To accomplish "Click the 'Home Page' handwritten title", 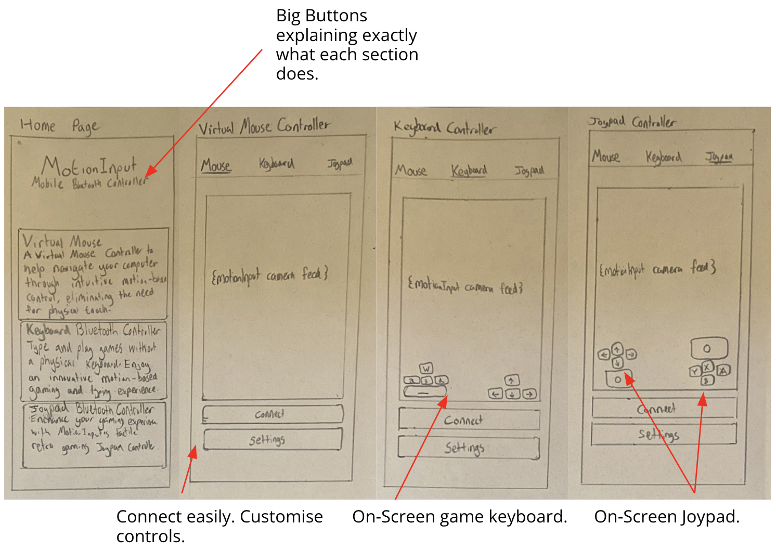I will click(59, 125).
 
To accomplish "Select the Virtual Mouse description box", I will click(94, 273).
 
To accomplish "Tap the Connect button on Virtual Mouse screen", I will click(272, 414).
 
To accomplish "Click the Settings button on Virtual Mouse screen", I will click(272, 440).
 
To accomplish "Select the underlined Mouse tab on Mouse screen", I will click(216, 166).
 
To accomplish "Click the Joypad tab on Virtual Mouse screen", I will click(340, 163).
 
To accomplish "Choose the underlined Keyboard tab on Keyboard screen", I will click(469, 171).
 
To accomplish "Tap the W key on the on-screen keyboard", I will click(426, 369).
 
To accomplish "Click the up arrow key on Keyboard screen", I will click(512, 381).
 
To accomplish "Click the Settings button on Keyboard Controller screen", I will click(468, 448).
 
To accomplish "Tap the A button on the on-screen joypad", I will click(723, 371).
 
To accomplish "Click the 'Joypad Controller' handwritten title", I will click(632, 122).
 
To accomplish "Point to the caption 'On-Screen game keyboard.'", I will click(459, 517).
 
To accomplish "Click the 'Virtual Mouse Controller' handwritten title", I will click(264, 126).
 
